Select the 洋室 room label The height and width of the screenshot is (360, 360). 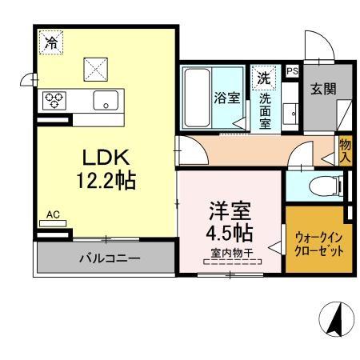tap(230, 212)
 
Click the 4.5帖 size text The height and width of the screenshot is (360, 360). tap(230, 234)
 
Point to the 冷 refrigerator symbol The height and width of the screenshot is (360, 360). tap(51, 42)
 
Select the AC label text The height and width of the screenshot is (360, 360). tap(53, 214)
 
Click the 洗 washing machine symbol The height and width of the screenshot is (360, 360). tap(263, 79)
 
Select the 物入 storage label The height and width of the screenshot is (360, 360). tap(345, 150)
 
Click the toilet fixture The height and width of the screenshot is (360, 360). tap(328, 186)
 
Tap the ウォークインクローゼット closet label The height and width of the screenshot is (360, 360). tap(319, 243)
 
